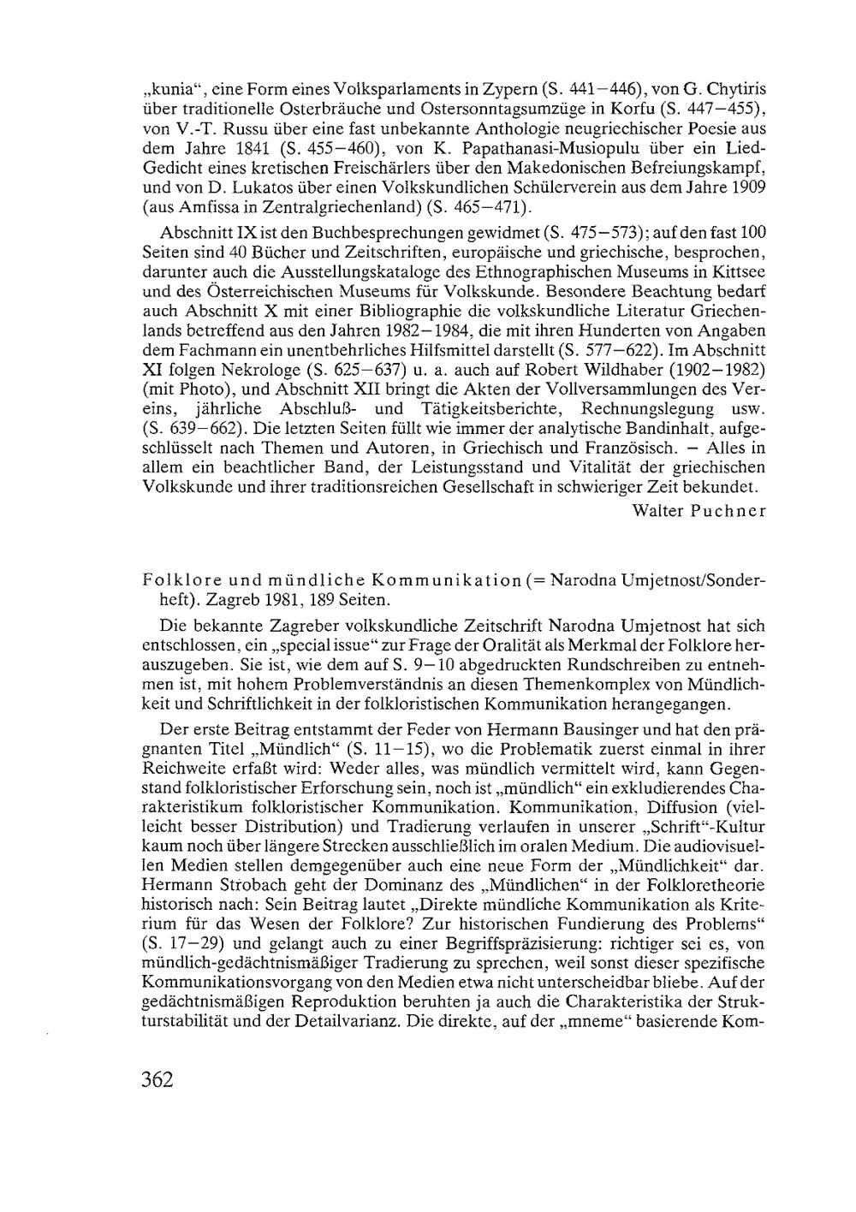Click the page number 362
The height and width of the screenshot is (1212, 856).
coord(158,1079)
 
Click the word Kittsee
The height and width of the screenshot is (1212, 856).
coord(734,272)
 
